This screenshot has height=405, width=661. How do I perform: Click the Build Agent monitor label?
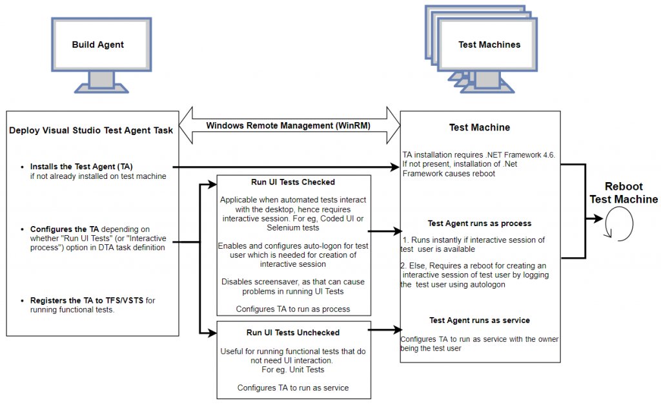[98, 45]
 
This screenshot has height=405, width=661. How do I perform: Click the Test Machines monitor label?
[489, 45]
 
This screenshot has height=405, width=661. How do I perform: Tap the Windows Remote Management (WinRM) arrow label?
[288, 125]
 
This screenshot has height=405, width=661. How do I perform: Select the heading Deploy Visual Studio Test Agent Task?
[91, 130]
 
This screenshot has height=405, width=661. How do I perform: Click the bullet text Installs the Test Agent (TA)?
[81, 167]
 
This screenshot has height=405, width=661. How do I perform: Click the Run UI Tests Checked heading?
[293, 182]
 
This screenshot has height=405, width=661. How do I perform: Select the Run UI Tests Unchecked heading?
[293, 333]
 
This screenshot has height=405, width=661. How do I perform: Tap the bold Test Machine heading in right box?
[479, 127]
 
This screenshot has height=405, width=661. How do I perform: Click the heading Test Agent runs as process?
[479, 223]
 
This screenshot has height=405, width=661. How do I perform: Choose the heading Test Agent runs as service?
[479, 320]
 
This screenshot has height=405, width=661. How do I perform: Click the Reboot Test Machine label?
[623, 193]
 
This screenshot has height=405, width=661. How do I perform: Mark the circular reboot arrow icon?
[618, 223]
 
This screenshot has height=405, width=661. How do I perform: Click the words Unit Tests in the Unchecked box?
[304, 370]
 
